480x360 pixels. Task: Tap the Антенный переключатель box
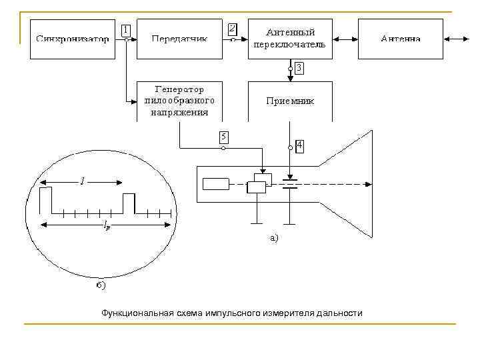pos(290,39)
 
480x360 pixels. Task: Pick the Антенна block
pos(401,39)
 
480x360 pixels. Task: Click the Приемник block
pos(290,101)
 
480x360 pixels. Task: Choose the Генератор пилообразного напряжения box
pos(179,101)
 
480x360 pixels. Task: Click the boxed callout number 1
pos(125,30)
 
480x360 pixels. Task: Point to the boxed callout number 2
pos(231,29)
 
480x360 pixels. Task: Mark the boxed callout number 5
pos(224,137)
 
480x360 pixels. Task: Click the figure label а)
pos(273,237)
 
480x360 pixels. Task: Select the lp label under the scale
pos(107,227)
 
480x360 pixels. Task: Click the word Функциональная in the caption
pos(135,313)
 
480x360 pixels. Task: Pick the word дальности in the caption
pos(341,313)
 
